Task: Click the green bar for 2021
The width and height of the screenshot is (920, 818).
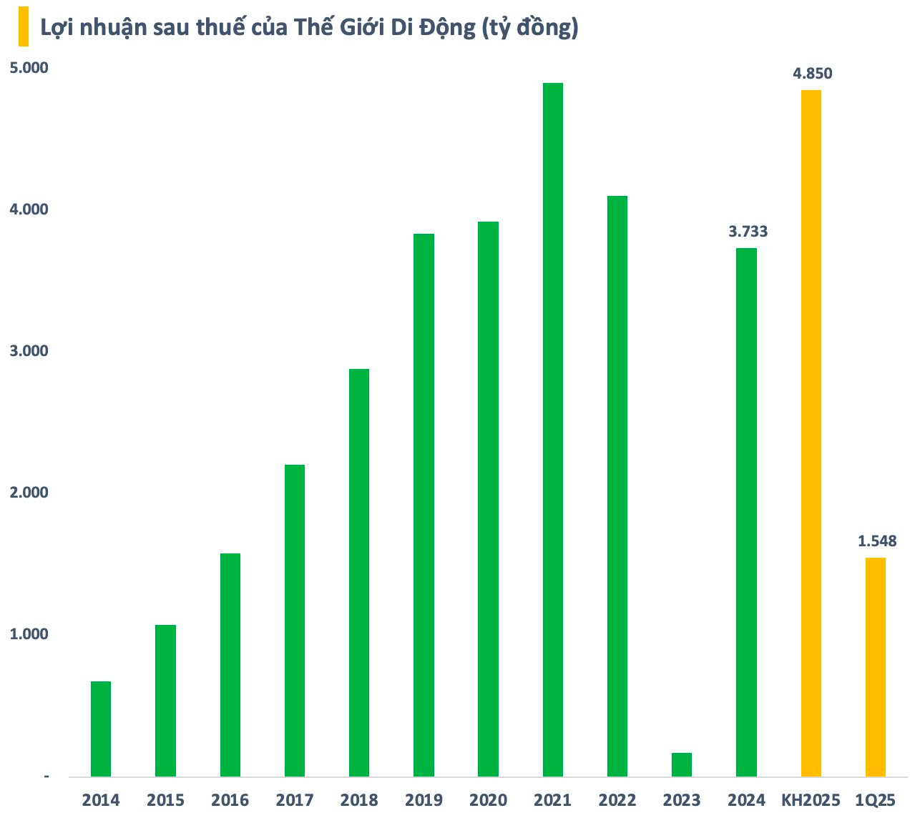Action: coord(552,429)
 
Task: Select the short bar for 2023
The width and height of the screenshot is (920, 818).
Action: coord(681,764)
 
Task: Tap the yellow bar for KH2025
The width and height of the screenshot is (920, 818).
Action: coord(811,433)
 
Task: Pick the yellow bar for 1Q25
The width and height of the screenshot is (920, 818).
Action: coord(875,666)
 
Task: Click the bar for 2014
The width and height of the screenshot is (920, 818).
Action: coord(101,729)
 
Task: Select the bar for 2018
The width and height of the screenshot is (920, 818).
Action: coord(358,572)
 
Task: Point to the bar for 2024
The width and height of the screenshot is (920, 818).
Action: coord(746,512)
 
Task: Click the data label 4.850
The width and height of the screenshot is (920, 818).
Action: coord(812,73)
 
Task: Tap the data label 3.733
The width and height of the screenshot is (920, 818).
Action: coord(748,232)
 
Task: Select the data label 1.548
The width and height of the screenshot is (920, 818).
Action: coord(877,541)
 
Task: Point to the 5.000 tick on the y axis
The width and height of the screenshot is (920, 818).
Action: coord(28,68)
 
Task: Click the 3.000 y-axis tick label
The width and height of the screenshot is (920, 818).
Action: coord(28,351)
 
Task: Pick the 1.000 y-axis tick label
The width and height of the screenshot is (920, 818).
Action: coord(28,634)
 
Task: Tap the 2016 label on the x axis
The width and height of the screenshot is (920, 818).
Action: coord(230,800)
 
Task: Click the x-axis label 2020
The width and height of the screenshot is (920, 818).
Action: coord(488,800)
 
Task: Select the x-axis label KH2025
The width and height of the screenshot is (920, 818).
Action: coord(811,800)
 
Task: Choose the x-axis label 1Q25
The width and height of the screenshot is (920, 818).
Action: coord(875,800)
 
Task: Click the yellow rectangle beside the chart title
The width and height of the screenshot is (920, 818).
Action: coord(24,28)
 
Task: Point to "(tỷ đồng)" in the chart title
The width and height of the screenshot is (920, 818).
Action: coord(530,28)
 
